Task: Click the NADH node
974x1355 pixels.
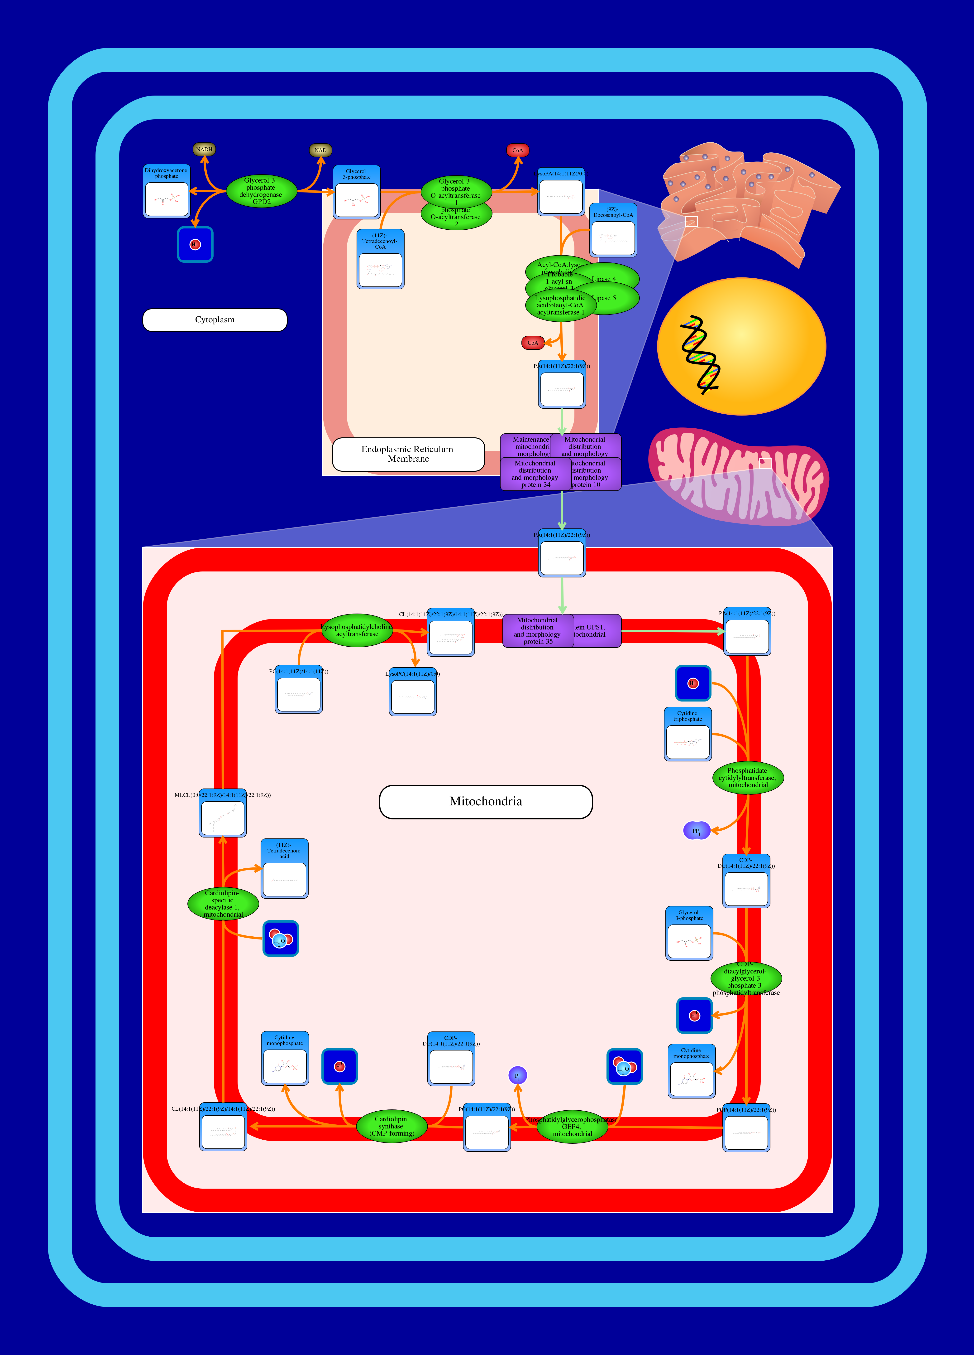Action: pos(204,149)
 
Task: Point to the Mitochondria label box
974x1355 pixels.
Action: pos(486,802)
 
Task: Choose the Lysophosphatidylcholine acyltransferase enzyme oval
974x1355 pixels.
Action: pos(357,630)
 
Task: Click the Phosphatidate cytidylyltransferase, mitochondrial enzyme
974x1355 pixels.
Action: pos(748,778)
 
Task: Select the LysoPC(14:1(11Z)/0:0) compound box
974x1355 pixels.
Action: pos(413,692)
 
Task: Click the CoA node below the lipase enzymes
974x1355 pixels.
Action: pos(533,343)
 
